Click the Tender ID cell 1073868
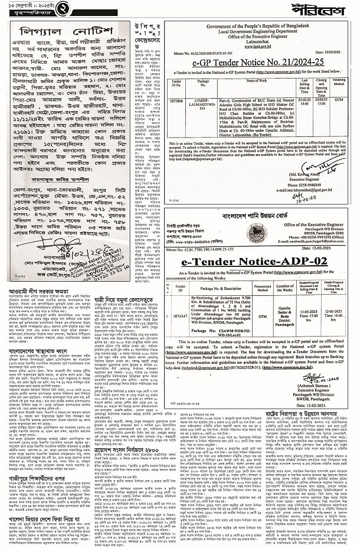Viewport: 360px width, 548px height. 176,101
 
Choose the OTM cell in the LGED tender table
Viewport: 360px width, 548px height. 345,101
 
